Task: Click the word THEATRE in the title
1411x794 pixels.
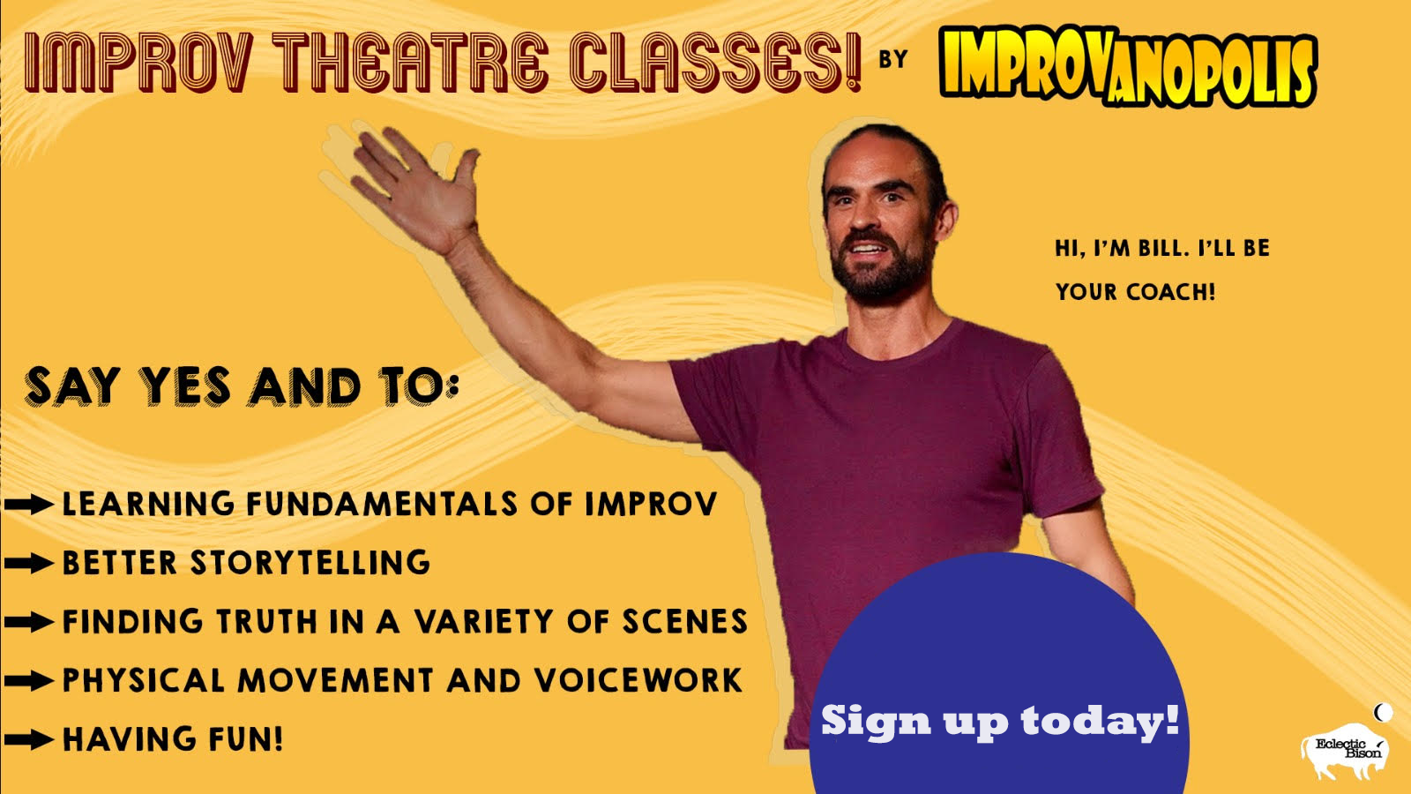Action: coord(409,62)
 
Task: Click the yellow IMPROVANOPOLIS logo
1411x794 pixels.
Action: coord(1128,67)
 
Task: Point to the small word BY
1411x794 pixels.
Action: coord(893,58)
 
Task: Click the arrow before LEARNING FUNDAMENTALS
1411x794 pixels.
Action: coord(29,504)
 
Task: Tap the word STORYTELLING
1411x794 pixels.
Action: coord(310,563)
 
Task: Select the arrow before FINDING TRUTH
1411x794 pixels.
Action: coord(29,622)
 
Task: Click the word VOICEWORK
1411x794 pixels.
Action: coord(638,680)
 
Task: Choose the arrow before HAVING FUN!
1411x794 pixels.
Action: coord(29,739)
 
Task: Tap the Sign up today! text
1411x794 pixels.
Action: coord(1000,720)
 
